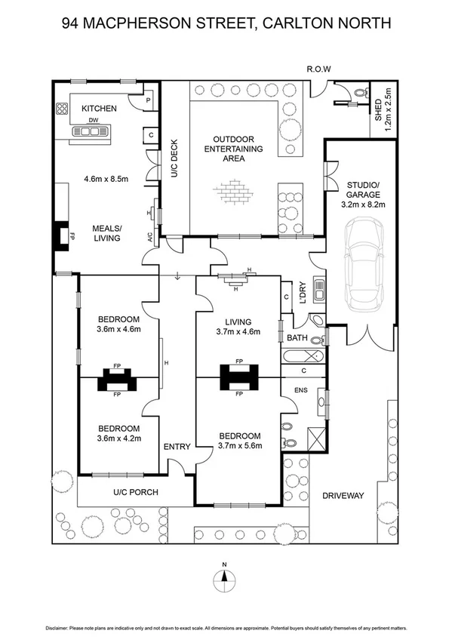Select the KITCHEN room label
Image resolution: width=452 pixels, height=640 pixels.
pyautogui.click(x=99, y=109)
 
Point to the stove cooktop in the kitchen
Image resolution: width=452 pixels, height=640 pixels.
pyautogui.click(x=61, y=111)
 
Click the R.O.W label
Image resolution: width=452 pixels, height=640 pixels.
pyautogui.click(x=318, y=69)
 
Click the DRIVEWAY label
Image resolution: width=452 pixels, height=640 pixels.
pyautogui.click(x=343, y=496)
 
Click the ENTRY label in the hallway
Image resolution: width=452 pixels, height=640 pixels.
pyautogui.click(x=177, y=447)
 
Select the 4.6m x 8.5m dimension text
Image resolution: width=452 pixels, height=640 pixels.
pyautogui.click(x=105, y=179)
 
